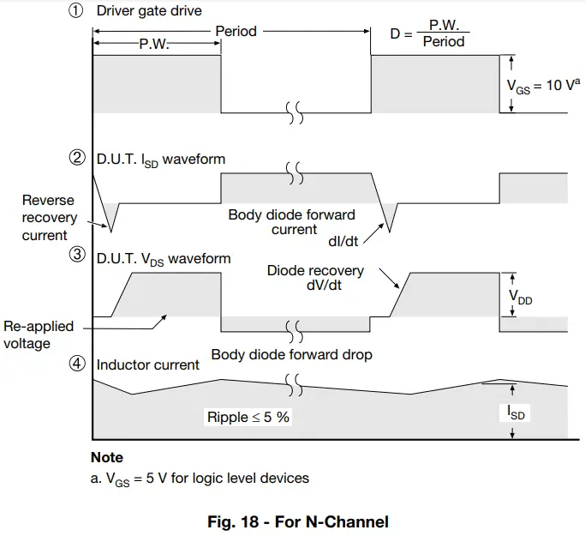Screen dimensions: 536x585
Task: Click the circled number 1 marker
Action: click(76, 12)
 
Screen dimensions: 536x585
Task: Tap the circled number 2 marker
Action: click(76, 158)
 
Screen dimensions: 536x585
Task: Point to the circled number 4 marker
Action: click(76, 364)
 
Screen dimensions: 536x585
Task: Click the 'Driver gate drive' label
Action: click(150, 12)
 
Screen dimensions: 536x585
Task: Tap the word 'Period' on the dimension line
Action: click(236, 32)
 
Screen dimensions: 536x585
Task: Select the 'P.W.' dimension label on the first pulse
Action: click(154, 45)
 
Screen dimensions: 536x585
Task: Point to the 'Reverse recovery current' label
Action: click(49, 218)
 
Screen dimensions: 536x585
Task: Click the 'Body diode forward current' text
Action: click(291, 222)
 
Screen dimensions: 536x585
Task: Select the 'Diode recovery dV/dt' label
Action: click(315, 278)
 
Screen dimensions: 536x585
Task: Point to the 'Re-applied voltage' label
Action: click(39, 334)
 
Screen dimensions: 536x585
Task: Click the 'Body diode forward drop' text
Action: click(291, 353)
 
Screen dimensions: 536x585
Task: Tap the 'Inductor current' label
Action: click(147, 364)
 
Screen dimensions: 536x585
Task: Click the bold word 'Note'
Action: click(107, 457)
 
